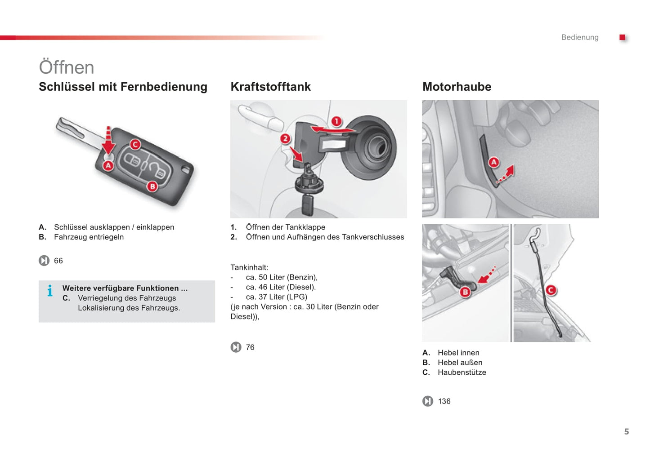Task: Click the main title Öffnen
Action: pyautogui.click(x=67, y=67)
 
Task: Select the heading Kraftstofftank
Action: pyautogui.click(x=270, y=87)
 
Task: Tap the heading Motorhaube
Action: pyautogui.click(x=457, y=87)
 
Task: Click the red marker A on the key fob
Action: pyautogui.click(x=108, y=166)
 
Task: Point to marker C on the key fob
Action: pyautogui.click(x=135, y=144)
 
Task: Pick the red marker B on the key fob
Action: pyautogui.click(x=152, y=186)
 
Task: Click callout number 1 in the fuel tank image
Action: pyautogui.click(x=336, y=121)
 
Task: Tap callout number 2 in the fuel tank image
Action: pyautogui.click(x=285, y=138)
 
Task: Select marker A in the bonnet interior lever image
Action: pyautogui.click(x=494, y=162)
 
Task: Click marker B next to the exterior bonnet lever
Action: pyautogui.click(x=465, y=292)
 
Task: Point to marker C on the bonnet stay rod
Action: pyautogui.click(x=551, y=290)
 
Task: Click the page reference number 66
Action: pyautogui.click(x=58, y=261)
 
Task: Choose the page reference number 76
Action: pyautogui.click(x=250, y=347)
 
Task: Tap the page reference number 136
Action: pyautogui.click(x=444, y=401)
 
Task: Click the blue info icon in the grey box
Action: pyautogui.click(x=50, y=291)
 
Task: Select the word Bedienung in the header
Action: pyautogui.click(x=579, y=37)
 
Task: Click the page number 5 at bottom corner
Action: pyautogui.click(x=626, y=432)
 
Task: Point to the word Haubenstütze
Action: pyautogui.click(x=462, y=372)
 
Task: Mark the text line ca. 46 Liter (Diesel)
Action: pyautogui.click(x=281, y=287)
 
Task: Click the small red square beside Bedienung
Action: pyautogui.click(x=623, y=37)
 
